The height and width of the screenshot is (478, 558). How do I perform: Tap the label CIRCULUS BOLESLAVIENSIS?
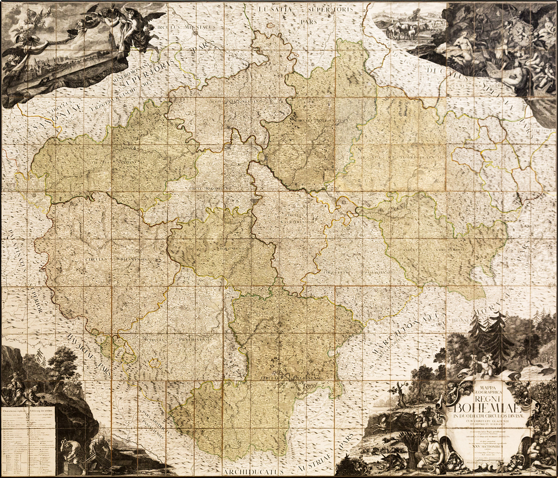click(x=323, y=119)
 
